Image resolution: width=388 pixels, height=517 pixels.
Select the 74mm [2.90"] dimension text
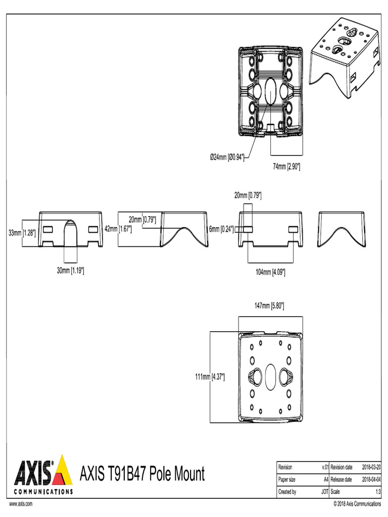point(286,167)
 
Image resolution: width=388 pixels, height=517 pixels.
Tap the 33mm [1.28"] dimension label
point(22,233)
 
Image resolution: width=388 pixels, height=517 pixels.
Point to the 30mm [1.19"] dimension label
point(70,271)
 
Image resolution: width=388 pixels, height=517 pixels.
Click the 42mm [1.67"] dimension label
point(118,229)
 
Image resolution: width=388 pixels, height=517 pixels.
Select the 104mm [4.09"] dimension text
point(270,272)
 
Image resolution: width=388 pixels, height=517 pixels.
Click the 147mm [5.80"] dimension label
point(269,305)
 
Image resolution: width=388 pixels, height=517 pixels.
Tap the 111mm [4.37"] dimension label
point(209,377)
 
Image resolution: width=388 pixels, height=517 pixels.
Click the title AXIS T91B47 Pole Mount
point(142,475)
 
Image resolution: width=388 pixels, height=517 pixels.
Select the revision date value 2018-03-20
point(371,468)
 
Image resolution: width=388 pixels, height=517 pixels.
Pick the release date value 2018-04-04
point(371,479)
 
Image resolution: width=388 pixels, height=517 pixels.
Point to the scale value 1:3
point(377,491)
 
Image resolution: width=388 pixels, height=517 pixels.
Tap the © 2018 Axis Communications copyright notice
point(357,504)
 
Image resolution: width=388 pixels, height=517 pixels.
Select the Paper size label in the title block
point(287,479)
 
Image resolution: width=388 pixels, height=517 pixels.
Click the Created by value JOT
point(324,491)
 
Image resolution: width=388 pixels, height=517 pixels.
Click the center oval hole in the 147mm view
point(270,376)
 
